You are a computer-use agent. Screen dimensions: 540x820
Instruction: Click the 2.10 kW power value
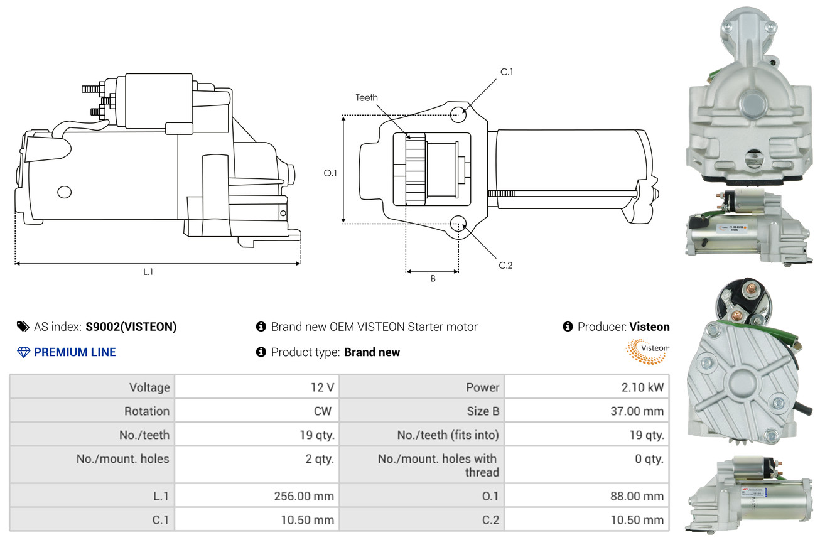pyautogui.click(x=642, y=387)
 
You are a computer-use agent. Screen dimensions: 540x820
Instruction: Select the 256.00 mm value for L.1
pyautogui.click(x=304, y=496)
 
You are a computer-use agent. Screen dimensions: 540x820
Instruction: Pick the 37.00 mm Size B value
pyautogui.click(x=637, y=411)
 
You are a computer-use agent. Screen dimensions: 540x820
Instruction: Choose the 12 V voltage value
pyautogui.click(x=322, y=387)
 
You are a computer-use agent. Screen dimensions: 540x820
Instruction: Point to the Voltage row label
pyautogui.click(x=149, y=387)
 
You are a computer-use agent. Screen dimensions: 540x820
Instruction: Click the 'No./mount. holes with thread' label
pyautogui.click(x=438, y=465)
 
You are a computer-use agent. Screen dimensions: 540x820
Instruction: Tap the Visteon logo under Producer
pyautogui.click(x=647, y=351)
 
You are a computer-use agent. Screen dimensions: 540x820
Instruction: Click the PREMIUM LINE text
pyautogui.click(x=75, y=352)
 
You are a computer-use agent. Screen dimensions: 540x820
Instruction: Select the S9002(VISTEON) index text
pyautogui.click(x=131, y=327)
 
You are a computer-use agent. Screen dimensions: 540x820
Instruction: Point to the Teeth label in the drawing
pyautogui.click(x=367, y=97)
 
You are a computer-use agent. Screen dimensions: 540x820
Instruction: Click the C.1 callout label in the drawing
pyautogui.click(x=507, y=72)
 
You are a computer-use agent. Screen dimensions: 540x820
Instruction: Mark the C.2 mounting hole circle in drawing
pyautogui.click(x=458, y=224)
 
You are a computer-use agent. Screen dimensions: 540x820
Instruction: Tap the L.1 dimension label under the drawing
pyautogui.click(x=148, y=272)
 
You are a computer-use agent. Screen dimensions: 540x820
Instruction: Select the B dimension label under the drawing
pyautogui.click(x=433, y=279)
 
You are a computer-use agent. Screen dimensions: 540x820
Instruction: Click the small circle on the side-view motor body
pyautogui.click(x=64, y=192)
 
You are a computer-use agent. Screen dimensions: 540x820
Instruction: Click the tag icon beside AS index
pyautogui.click(x=23, y=327)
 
